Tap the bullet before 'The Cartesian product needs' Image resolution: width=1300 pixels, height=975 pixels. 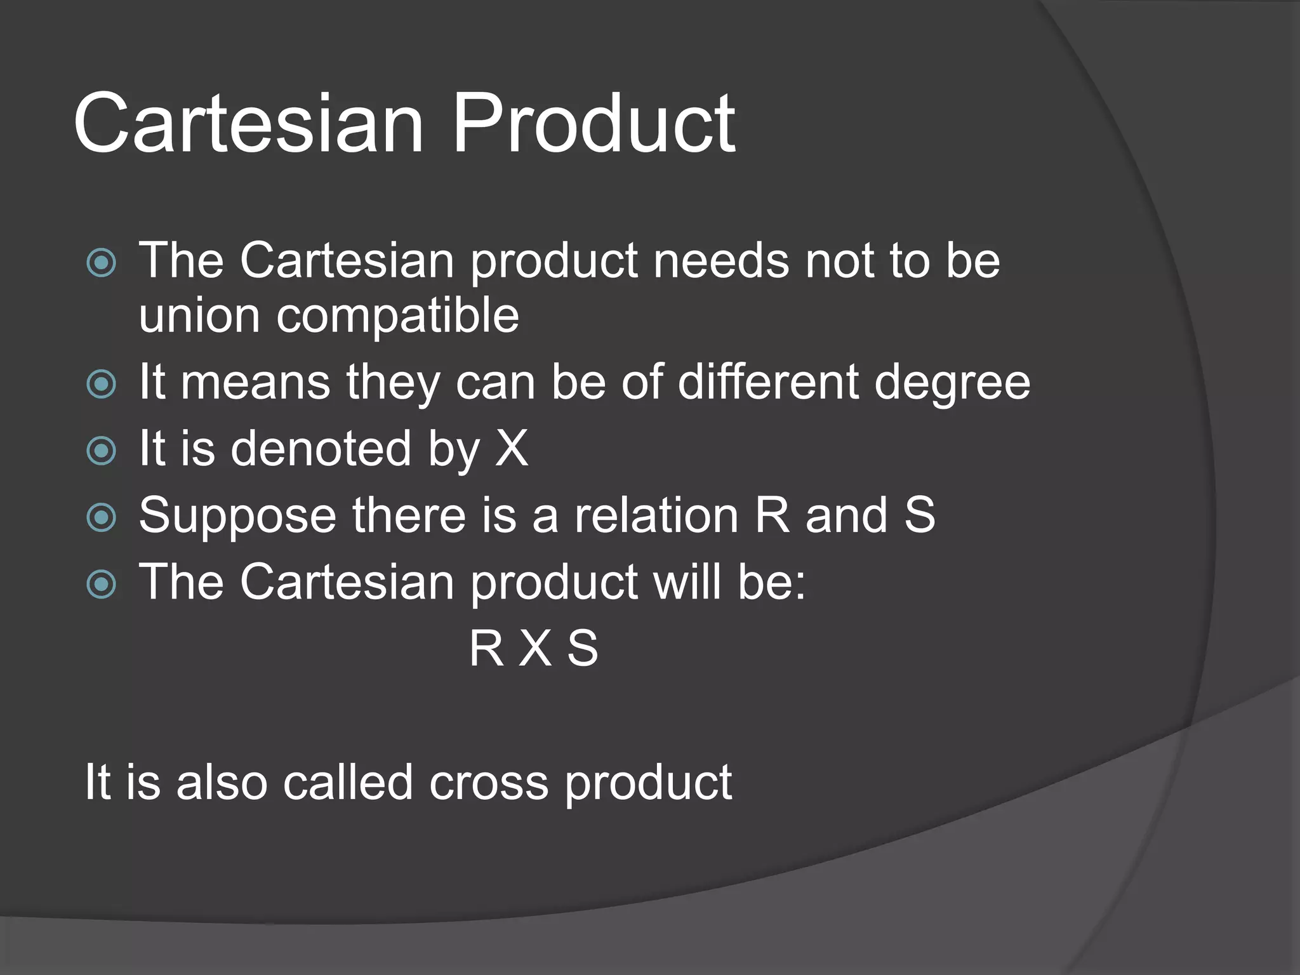click(102, 262)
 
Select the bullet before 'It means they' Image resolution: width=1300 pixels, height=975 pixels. click(102, 384)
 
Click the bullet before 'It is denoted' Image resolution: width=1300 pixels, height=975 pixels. click(102, 451)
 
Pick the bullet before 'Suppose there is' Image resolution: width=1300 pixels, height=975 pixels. click(102, 517)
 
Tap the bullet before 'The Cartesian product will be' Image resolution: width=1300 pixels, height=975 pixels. click(102, 584)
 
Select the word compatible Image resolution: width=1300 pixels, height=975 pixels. click(397, 317)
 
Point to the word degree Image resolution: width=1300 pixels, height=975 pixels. click(952, 384)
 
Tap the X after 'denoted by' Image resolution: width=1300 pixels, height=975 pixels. click(512, 449)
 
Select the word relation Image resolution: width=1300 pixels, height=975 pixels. click(656, 515)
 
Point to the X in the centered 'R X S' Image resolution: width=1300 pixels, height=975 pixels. click(535, 649)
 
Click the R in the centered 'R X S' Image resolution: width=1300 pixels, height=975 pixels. click(486, 649)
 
